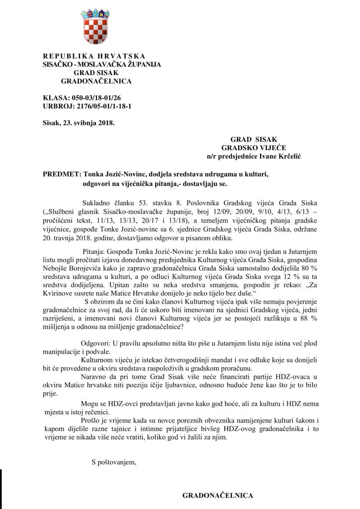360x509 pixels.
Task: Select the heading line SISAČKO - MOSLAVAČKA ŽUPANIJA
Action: click(x=94, y=64)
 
